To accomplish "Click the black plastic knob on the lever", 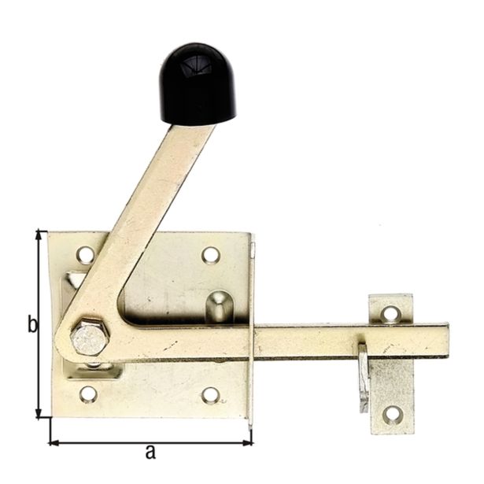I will click(x=198, y=84).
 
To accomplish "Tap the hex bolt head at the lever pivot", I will click(x=88, y=338).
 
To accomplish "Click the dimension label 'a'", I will click(x=150, y=452).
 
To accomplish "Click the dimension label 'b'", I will click(x=32, y=323).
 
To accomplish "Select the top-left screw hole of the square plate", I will click(x=86, y=254).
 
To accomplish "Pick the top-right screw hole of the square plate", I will click(x=210, y=254).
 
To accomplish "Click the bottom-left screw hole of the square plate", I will click(x=88, y=393).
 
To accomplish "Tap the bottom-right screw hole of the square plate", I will click(x=210, y=394).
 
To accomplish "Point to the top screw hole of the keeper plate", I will click(x=390, y=314).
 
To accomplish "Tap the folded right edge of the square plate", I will click(x=252, y=331).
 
